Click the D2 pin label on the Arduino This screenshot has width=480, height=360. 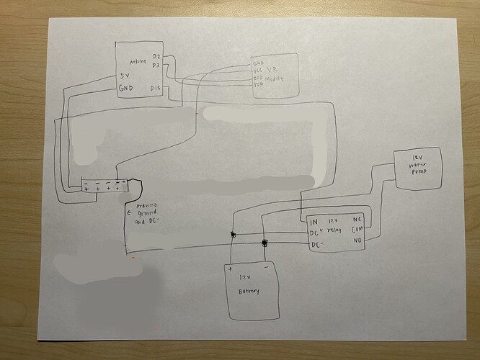click(156, 55)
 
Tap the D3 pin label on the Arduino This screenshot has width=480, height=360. click(156, 66)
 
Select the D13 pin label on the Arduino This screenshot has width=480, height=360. click(155, 89)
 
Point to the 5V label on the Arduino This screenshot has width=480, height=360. click(125, 75)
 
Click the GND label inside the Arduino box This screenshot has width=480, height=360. click(126, 89)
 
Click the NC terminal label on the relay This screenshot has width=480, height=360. click(357, 220)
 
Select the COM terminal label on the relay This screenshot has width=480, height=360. click(356, 231)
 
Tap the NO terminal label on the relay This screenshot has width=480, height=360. click(356, 243)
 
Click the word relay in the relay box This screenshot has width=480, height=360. click(333, 232)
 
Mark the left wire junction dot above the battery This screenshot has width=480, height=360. click(232, 235)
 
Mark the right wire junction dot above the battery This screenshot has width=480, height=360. click(265, 243)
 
